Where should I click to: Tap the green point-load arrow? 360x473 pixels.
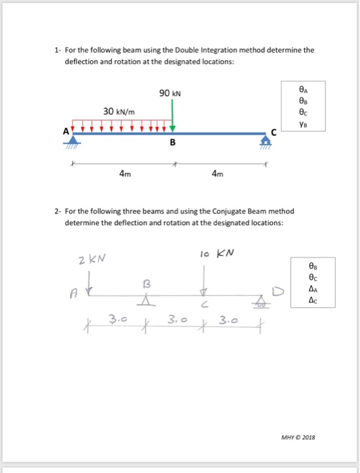(173, 114)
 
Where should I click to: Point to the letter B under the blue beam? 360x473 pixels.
(173, 143)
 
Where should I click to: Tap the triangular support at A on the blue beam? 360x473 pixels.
(73, 138)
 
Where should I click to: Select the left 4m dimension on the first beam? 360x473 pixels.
(125, 174)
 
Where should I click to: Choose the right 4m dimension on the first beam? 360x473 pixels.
(217, 174)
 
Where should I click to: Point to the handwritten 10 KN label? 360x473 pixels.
(217, 253)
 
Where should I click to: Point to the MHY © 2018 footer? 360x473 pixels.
(297, 438)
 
